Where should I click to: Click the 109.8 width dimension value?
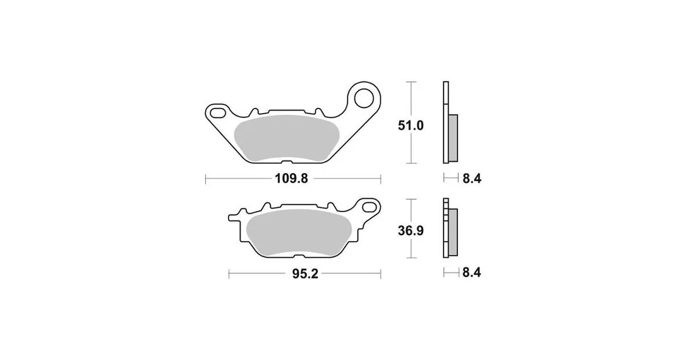[x=291, y=179]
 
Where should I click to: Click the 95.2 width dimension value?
[x=305, y=274]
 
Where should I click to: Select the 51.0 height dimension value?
[x=411, y=126]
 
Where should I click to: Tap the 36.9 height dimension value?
[x=411, y=231]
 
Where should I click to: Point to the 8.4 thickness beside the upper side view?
[x=472, y=179]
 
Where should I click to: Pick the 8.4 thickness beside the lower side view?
[x=472, y=272]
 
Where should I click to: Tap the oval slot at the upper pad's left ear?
[x=217, y=112]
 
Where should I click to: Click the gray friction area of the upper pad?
[x=286, y=138]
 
